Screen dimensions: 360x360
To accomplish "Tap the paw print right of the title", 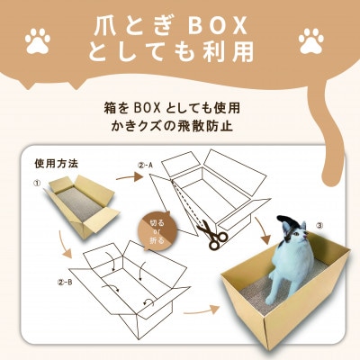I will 311,40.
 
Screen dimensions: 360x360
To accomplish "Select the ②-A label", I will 147,166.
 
